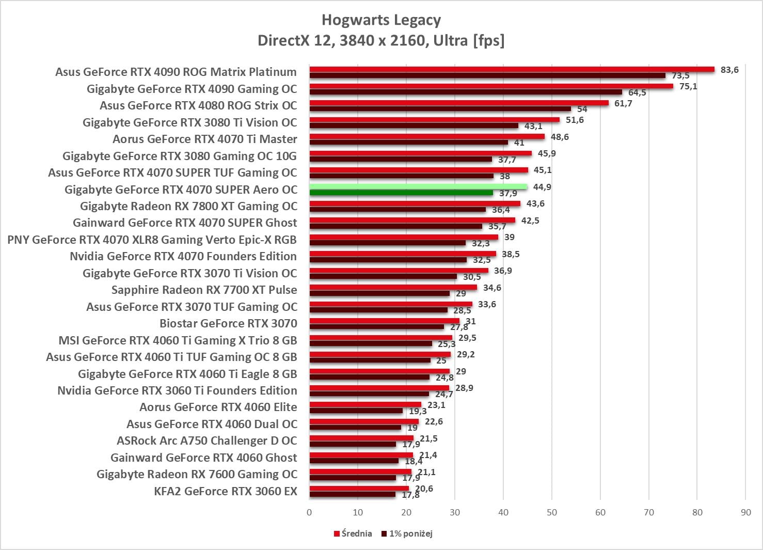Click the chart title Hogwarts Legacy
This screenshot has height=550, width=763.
381,20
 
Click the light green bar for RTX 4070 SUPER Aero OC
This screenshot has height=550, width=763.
418,186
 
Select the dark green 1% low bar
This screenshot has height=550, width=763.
401,193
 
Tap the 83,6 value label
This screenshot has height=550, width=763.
729,70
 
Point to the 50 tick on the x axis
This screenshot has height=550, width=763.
551,512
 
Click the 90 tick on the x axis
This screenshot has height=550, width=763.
745,512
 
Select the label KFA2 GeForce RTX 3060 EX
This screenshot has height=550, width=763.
225,491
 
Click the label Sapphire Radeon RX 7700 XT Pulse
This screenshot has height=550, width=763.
204,290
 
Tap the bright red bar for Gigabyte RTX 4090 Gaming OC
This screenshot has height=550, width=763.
491,86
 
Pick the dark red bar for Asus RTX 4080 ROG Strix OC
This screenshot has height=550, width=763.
440,109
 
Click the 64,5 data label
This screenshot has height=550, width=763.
637,93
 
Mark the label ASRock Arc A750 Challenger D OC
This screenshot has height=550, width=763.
206,441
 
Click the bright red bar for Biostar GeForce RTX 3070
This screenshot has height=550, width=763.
384,321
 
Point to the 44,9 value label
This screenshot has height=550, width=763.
542,187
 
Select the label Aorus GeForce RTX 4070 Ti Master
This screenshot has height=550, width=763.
204,139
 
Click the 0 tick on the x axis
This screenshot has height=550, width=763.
309,512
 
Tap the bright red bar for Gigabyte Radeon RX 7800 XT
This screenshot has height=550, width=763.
415,203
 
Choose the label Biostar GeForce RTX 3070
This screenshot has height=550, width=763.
228,323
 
